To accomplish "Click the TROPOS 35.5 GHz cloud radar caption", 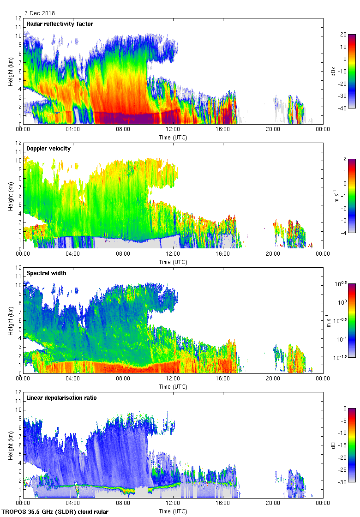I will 55,512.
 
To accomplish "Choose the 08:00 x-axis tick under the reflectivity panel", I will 123,129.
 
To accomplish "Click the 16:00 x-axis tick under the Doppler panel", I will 223,253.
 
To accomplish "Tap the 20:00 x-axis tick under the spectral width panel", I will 273,378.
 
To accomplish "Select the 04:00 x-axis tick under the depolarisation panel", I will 73,503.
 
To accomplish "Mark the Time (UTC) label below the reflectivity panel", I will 173,137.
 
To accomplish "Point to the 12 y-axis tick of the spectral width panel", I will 19,268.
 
